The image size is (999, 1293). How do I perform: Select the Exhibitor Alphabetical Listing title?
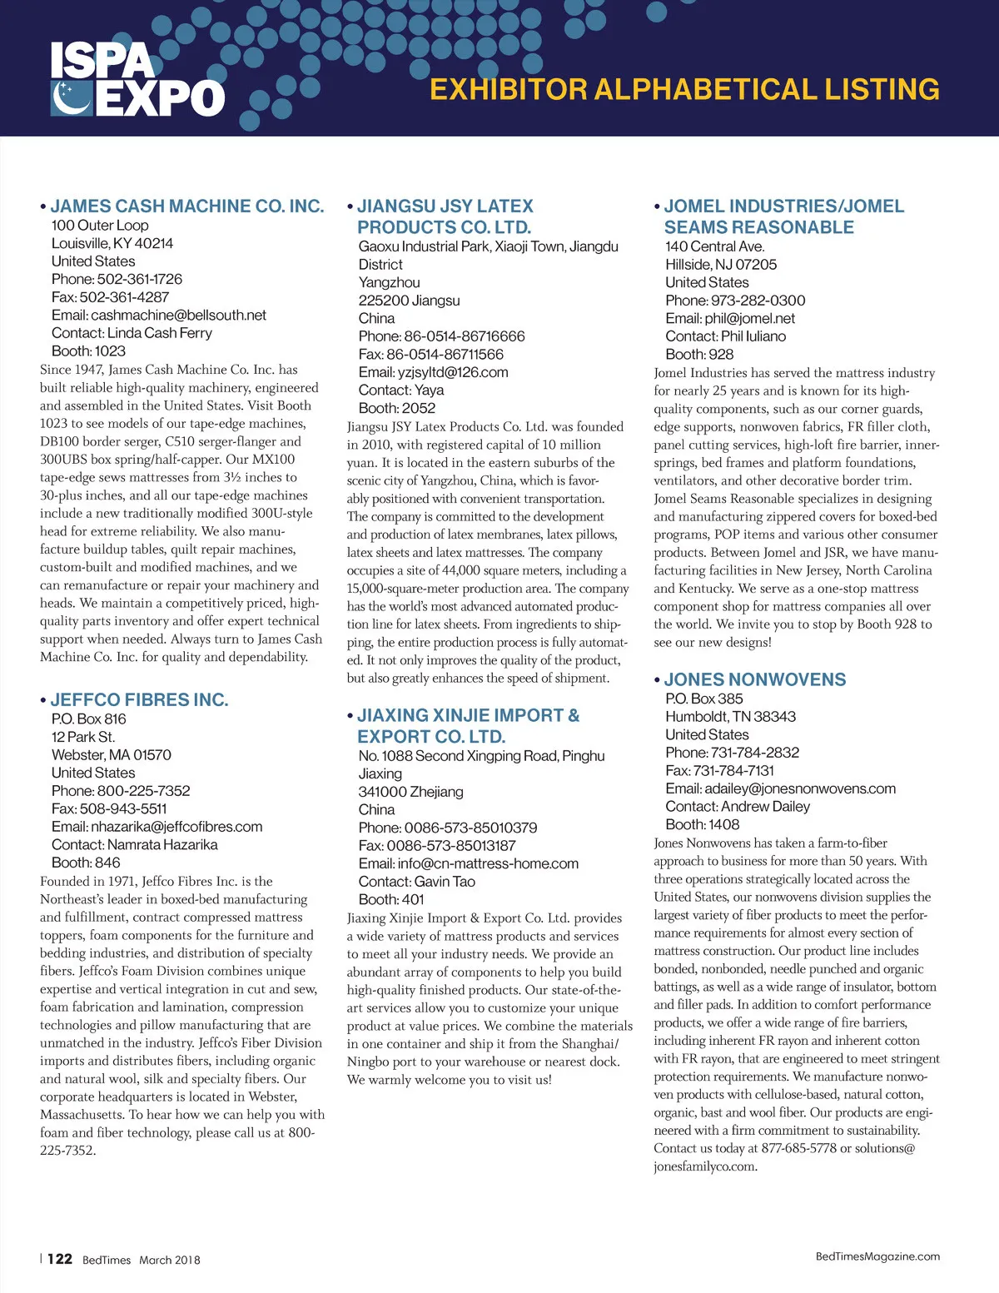pyautogui.click(x=684, y=89)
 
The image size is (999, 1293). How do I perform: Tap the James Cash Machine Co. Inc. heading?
pyautogui.click(x=186, y=206)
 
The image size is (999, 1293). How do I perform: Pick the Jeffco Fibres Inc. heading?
pyautogui.click(x=139, y=699)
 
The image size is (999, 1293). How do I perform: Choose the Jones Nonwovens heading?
pyautogui.click(x=754, y=679)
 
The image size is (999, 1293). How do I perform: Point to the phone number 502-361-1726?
pyautogui.click(x=139, y=279)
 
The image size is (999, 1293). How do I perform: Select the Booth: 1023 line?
pyautogui.click(x=88, y=351)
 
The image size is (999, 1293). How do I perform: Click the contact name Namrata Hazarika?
pyautogui.click(x=162, y=844)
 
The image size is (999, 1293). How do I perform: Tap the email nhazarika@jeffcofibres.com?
pyautogui.click(x=176, y=827)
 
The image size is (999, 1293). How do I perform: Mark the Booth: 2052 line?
pyautogui.click(x=396, y=408)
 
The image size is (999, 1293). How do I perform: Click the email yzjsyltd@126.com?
pyautogui.click(x=452, y=372)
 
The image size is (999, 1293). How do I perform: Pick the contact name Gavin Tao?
pyautogui.click(x=445, y=881)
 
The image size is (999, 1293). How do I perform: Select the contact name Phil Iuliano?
pyautogui.click(x=753, y=336)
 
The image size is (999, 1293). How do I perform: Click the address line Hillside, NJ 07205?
pyautogui.click(x=721, y=264)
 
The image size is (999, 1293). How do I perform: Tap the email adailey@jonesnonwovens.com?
pyautogui.click(x=800, y=788)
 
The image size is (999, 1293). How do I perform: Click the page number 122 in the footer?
pyautogui.click(x=60, y=1259)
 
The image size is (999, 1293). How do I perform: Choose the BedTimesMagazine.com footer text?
pyautogui.click(x=877, y=1256)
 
